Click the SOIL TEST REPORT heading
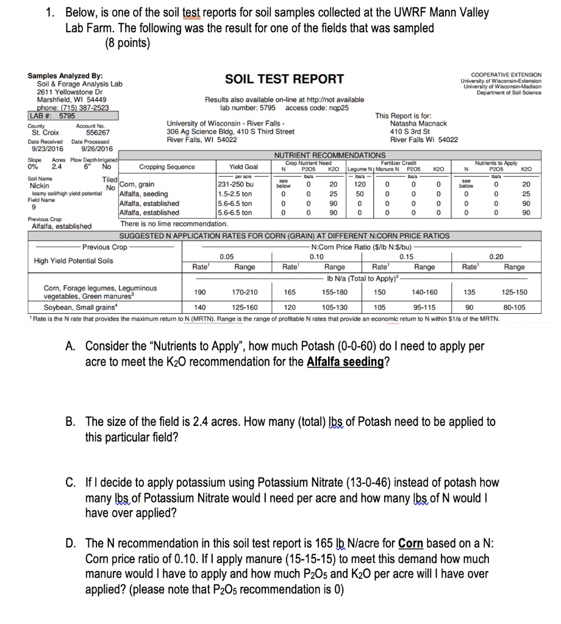[x=284, y=79]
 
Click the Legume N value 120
[x=360, y=184]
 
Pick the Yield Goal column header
[x=243, y=167]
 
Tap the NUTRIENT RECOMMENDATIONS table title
[x=330, y=155]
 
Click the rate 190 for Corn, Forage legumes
[x=200, y=292]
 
